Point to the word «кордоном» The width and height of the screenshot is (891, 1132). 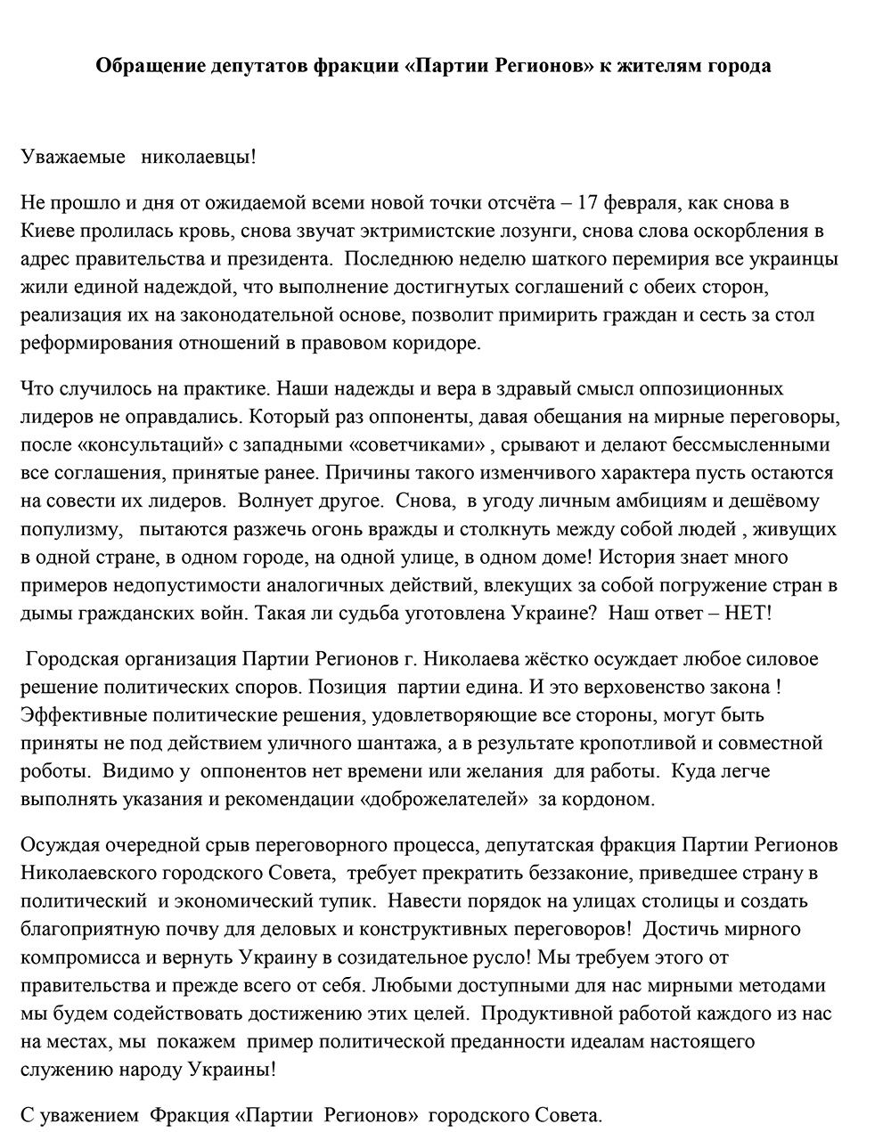[x=617, y=799]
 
